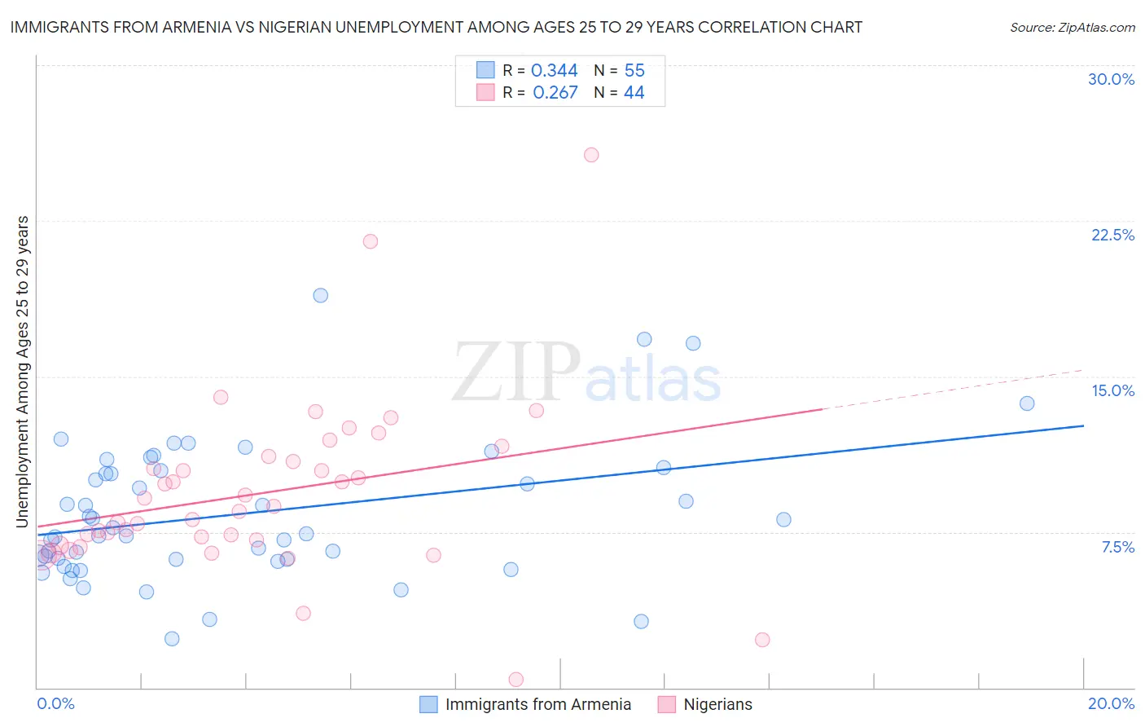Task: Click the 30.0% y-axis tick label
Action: tap(1111, 79)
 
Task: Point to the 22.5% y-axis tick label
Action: tap(1112, 235)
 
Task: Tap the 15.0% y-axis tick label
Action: tap(1112, 390)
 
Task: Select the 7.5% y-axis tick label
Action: tap(1117, 547)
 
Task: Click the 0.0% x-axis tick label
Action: tap(55, 703)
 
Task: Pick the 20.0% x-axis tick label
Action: tap(1111, 703)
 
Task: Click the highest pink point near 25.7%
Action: tap(591, 155)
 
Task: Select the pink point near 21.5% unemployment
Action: tap(371, 241)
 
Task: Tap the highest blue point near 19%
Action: tap(321, 295)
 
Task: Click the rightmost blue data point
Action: tap(1027, 403)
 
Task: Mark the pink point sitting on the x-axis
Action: tap(515, 679)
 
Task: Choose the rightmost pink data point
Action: tap(762, 640)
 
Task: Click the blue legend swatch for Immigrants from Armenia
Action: tap(428, 704)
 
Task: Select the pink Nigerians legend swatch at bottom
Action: tap(666, 704)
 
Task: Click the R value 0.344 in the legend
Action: tap(554, 71)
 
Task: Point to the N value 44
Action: tap(634, 93)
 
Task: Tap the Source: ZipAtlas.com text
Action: tap(1072, 28)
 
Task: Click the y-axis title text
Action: tap(22, 372)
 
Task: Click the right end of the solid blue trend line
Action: tap(1083, 425)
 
